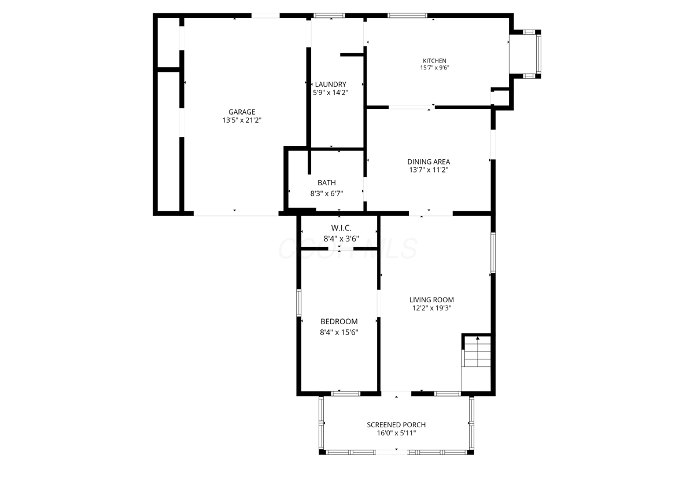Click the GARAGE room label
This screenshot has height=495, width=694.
point(241,112)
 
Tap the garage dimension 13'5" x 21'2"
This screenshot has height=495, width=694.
point(241,121)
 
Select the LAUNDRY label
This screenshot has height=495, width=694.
point(330,84)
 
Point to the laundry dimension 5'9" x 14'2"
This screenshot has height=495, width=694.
point(330,92)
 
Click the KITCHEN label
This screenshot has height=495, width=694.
point(434,61)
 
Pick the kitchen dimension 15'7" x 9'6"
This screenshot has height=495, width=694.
point(434,68)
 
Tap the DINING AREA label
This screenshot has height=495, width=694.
point(429,162)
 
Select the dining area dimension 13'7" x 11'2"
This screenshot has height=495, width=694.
point(429,170)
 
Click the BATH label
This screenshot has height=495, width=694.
point(326,183)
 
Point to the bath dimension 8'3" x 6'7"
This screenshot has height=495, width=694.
point(326,193)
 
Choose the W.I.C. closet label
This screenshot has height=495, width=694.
point(341,228)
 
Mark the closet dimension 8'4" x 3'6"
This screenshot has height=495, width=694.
point(341,237)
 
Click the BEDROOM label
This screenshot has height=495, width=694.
point(339,322)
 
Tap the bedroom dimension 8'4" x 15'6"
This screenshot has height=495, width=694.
point(339,332)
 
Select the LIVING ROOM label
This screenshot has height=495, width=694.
point(431,300)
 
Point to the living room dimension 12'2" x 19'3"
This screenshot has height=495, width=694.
point(431,309)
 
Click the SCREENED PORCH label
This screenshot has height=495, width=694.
point(396,425)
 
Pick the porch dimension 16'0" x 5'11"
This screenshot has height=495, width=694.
point(396,434)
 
